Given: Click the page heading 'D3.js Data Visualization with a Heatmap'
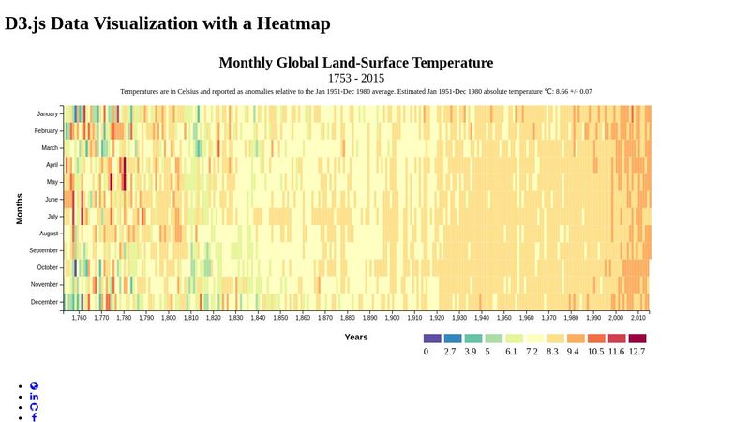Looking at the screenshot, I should click(x=168, y=23).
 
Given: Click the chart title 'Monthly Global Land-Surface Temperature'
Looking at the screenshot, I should click(x=355, y=63).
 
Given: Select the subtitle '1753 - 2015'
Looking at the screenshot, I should click(x=355, y=79).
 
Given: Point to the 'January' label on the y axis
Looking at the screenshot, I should click(x=47, y=114).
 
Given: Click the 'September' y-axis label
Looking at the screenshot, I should click(x=43, y=250).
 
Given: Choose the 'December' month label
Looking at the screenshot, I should click(x=44, y=302).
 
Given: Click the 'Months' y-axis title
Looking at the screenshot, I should click(x=20, y=208).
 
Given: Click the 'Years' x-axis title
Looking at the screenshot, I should click(x=355, y=337).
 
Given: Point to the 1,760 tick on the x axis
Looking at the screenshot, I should click(x=79, y=319).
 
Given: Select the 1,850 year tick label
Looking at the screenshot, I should click(x=280, y=319).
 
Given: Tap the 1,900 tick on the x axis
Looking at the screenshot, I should click(x=392, y=319).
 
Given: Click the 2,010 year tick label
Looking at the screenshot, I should click(x=637, y=319).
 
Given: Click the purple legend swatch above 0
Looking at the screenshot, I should click(x=431, y=339).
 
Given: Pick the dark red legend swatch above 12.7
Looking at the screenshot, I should click(x=637, y=339).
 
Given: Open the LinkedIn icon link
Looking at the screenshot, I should click(x=35, y=397).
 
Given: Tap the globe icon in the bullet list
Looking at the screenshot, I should click(x=35, y=385).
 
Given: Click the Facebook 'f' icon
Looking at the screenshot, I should click(x=35, y=417).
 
